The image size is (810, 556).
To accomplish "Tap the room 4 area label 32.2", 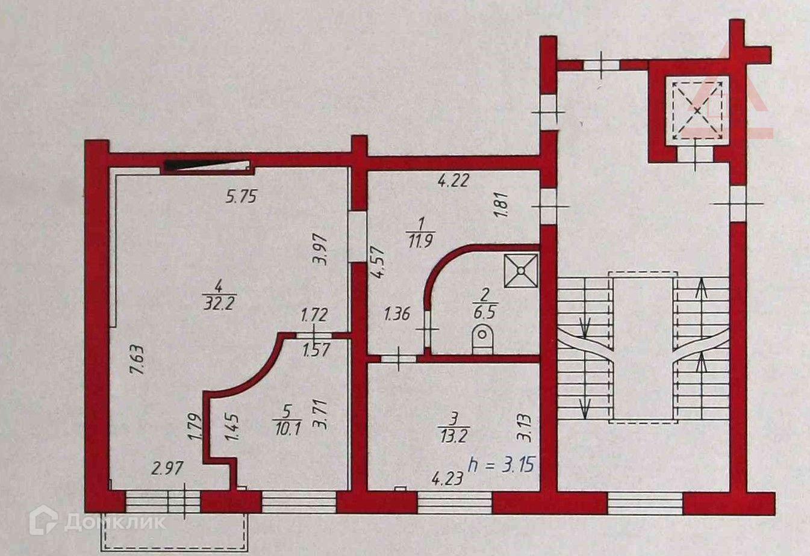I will click(x=218, y=304).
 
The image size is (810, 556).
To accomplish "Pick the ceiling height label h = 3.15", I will click(x=502, y=465).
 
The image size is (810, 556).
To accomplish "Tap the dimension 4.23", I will click(x=447, y=479).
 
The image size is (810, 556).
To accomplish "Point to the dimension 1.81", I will click(x=505, y=206).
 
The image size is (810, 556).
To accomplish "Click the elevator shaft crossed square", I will click(x=696, y=111).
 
